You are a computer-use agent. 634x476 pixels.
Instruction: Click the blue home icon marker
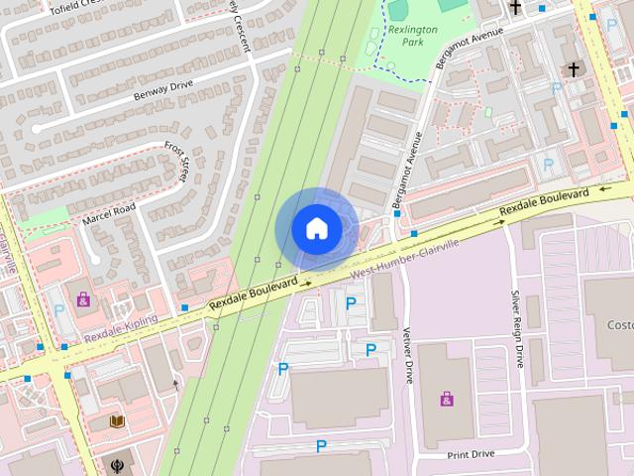pyautogui.click(x=316, y=228)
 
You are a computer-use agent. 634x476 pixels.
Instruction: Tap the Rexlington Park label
pyautogui.click(x=413, y=36)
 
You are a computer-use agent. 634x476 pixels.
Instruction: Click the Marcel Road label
pyautogui.click(x=108, y=211)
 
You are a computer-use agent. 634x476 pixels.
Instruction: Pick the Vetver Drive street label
pyautogui.click(x=407, y=356)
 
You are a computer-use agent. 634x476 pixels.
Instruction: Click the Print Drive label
pyautogui.click(x=470, y=454)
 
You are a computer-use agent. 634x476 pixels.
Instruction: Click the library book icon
pyautogui.click(x=117, y=421)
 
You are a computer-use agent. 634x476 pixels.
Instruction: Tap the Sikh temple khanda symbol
pyautogui.click(x=118, y=463)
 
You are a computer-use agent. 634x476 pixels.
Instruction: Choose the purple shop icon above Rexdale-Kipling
pyautogui.click(x=83, y=297)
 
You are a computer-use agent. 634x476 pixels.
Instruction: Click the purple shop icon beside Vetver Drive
pyautogui.click(x=447, y=399)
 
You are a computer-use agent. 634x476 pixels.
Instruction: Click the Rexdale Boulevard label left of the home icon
pyautogui.click(x=254, y=297)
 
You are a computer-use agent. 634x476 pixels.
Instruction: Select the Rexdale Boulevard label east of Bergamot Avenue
pyautogui.click(x=544, y=201)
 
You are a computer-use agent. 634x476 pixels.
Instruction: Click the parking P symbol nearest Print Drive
pyautogui.click(x=321, y=446)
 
